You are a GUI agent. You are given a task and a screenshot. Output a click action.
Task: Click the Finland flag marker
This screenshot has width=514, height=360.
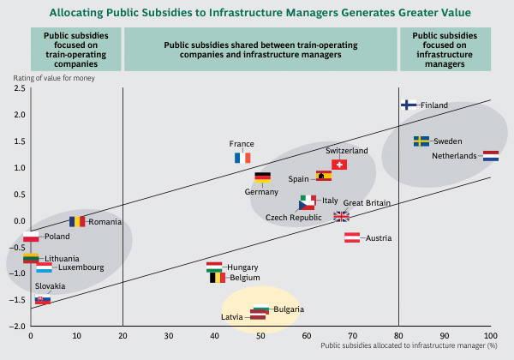(409, 105)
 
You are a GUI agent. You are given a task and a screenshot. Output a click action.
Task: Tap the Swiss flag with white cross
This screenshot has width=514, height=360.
(339, 165)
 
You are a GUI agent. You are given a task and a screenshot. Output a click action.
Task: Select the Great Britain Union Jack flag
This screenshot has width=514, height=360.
(341, 216)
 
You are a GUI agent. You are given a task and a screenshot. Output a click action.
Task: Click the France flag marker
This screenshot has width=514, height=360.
(242, 158)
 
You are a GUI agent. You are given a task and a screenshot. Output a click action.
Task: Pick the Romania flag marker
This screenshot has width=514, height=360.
(77, 221)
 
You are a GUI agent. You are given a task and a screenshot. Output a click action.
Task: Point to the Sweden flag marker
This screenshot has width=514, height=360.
(421, 141)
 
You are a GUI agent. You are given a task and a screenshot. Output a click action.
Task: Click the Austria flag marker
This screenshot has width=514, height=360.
(351, 237)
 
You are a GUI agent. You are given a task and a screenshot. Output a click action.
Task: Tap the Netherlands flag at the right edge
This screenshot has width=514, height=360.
(491, 156)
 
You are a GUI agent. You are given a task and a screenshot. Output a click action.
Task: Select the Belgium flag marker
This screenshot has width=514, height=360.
(218, 278)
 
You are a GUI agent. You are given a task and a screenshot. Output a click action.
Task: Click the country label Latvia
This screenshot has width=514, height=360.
(232, 317)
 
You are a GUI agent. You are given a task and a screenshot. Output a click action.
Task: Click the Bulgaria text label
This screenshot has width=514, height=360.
(289, 309)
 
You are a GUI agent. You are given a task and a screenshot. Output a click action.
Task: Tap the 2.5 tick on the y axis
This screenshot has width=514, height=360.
(19, 87)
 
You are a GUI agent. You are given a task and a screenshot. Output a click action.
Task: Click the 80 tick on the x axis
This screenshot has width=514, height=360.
(398, 335)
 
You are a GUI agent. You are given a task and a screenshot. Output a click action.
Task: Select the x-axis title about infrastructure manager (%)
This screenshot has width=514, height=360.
(409, 345)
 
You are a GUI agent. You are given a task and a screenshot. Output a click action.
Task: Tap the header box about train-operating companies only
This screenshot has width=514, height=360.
(75, 49)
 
